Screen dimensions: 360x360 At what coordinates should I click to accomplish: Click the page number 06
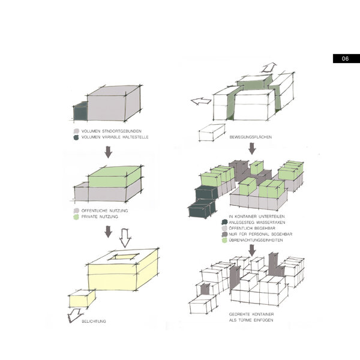345,59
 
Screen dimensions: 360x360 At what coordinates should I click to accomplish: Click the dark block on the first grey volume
80,112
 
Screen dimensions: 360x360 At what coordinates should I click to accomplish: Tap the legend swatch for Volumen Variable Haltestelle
76,137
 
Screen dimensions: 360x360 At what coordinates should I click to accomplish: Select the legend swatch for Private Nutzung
76,217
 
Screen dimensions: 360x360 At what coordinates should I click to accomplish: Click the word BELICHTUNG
94,321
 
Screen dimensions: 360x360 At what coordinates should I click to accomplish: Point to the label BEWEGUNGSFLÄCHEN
250,137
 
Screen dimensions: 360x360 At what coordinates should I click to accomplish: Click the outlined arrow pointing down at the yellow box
125,238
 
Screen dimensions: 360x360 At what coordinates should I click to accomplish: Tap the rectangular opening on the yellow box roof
124,257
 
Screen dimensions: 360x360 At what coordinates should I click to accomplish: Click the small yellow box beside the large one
82,299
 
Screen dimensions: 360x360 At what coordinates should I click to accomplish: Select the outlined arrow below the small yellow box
74,316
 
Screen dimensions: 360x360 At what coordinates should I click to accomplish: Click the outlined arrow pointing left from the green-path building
201,101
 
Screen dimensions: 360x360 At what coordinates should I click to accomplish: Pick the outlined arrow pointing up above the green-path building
269,68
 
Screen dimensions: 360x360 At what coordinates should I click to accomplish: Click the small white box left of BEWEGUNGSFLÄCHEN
212,133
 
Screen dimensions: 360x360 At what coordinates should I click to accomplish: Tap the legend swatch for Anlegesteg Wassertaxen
224,222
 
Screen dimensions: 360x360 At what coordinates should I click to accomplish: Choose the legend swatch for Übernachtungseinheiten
224,240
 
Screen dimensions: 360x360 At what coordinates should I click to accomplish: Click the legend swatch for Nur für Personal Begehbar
224,234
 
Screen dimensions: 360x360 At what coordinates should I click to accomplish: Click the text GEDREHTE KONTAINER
251,314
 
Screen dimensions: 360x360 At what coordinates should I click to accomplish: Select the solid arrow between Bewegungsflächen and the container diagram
252,149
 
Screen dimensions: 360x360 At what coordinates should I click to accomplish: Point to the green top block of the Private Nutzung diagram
115,176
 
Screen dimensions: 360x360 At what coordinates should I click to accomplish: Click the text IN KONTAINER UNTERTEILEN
257,216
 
